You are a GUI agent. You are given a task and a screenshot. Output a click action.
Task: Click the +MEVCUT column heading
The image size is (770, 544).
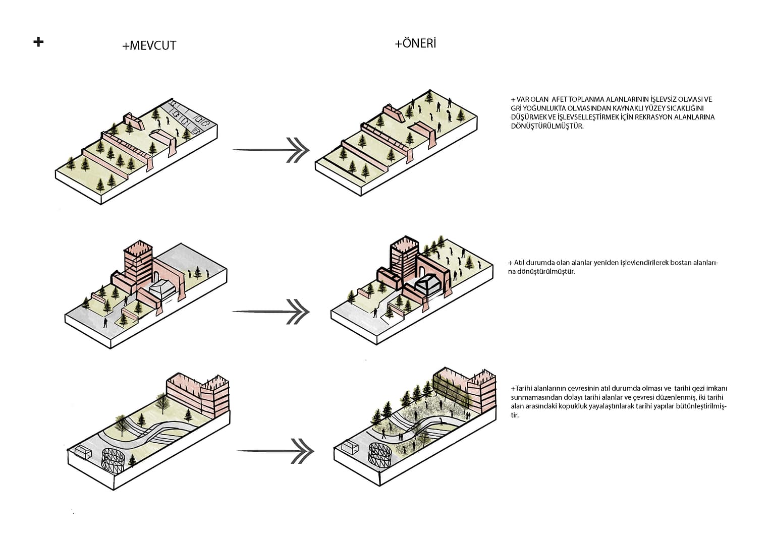[149, 45]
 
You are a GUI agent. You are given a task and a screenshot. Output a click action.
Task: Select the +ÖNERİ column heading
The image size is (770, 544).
[415, 43]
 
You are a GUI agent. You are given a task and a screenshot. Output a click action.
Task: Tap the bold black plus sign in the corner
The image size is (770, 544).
[38, 41]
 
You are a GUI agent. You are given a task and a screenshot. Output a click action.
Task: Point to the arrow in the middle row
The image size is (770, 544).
[271, 312]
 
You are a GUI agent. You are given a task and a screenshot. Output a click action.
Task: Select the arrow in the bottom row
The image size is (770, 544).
[275, 450]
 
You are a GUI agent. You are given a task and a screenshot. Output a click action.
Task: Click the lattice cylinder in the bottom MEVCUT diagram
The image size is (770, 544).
[113, 460]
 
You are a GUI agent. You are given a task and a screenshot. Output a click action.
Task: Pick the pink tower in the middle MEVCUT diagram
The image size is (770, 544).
[138, 265]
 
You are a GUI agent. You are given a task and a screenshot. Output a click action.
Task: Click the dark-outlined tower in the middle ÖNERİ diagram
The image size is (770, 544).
[404, 258]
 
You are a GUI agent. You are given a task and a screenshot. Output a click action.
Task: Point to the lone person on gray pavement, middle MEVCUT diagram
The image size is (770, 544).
[105, 322]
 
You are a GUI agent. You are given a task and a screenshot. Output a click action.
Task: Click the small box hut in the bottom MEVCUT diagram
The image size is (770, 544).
[82, 451]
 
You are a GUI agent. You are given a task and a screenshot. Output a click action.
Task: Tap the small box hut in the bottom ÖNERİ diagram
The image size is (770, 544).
[349, 447]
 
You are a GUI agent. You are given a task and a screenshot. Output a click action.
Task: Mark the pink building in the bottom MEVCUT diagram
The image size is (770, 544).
[197, 394]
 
